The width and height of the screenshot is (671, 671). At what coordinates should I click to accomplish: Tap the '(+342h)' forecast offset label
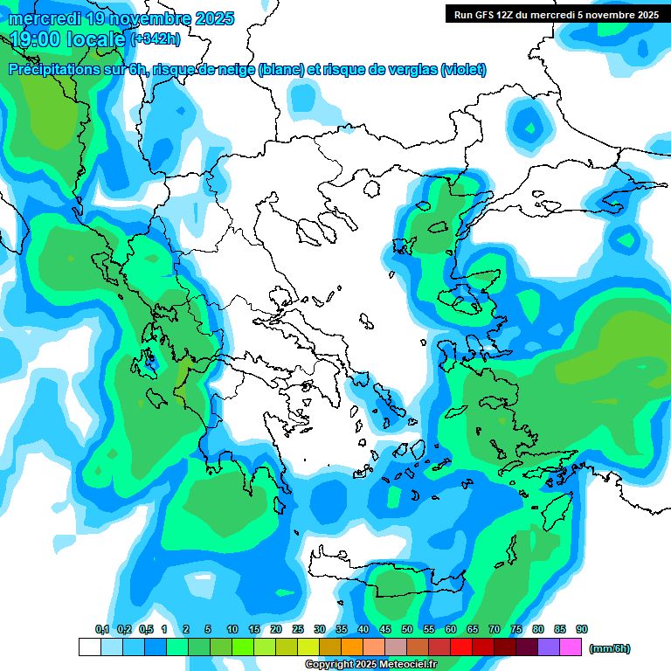(x=156, y=38)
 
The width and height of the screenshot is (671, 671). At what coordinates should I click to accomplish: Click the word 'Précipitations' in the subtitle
(x=52, y=70)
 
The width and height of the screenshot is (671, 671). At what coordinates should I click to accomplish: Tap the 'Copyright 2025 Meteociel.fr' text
(x=370, y=665)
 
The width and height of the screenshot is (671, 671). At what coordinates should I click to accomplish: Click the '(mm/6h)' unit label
(x=610, y=648)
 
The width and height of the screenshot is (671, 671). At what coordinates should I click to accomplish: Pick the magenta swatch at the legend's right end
(x=571, y=647)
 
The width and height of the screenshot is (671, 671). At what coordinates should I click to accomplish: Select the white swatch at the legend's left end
(x=89, y=647)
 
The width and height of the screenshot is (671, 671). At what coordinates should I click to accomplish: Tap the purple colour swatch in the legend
(x=549, y=647)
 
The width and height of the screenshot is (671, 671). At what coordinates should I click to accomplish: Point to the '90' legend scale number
(x=582, y=629)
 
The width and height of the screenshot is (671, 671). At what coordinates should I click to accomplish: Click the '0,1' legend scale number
(x=101, y=629)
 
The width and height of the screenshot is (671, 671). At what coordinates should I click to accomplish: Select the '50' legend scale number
(x=407, y=629)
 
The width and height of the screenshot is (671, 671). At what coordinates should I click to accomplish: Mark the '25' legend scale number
(x=298, y=629)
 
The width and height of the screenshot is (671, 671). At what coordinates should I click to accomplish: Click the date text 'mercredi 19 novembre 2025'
(x=122, y=18)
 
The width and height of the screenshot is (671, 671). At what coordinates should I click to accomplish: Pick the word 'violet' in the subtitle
(x=464, y=70)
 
